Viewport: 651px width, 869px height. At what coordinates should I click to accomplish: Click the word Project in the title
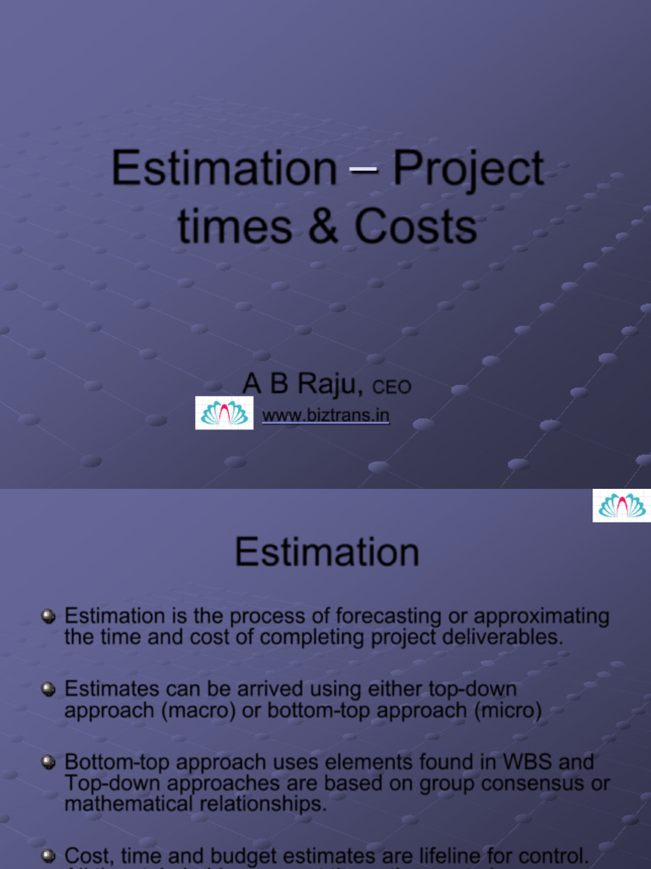pos(468,168)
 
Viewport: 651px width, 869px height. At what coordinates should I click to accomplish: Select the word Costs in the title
pos(415,227)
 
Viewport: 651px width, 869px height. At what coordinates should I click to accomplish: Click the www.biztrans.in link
pos(325,416)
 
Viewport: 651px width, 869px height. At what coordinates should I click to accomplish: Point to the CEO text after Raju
pos(392,387)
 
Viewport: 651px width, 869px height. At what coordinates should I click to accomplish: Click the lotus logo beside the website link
pos(224,413)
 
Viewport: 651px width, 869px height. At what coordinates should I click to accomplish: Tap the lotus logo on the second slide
pos(621,506)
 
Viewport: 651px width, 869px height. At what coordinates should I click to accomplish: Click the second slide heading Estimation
pos(326,552)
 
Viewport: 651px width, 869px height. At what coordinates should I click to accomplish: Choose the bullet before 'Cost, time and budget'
pos(49,856)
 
